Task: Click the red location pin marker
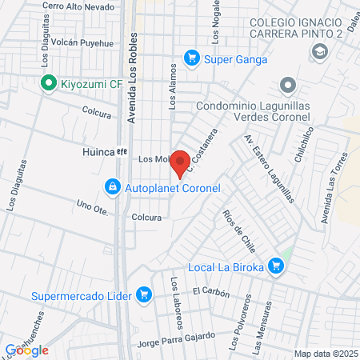click(x=181, y=162)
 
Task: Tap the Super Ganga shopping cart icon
click(x=191, y=58)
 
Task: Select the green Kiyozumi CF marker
click(x=48, y=82)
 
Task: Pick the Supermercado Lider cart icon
click(x=144, y=294)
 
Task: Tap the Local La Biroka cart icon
click(x=276, y=266)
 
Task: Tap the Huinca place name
click(x=98, y=150)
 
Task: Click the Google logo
click(x=27, y=350)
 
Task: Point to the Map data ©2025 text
click(x=323, y=354)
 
